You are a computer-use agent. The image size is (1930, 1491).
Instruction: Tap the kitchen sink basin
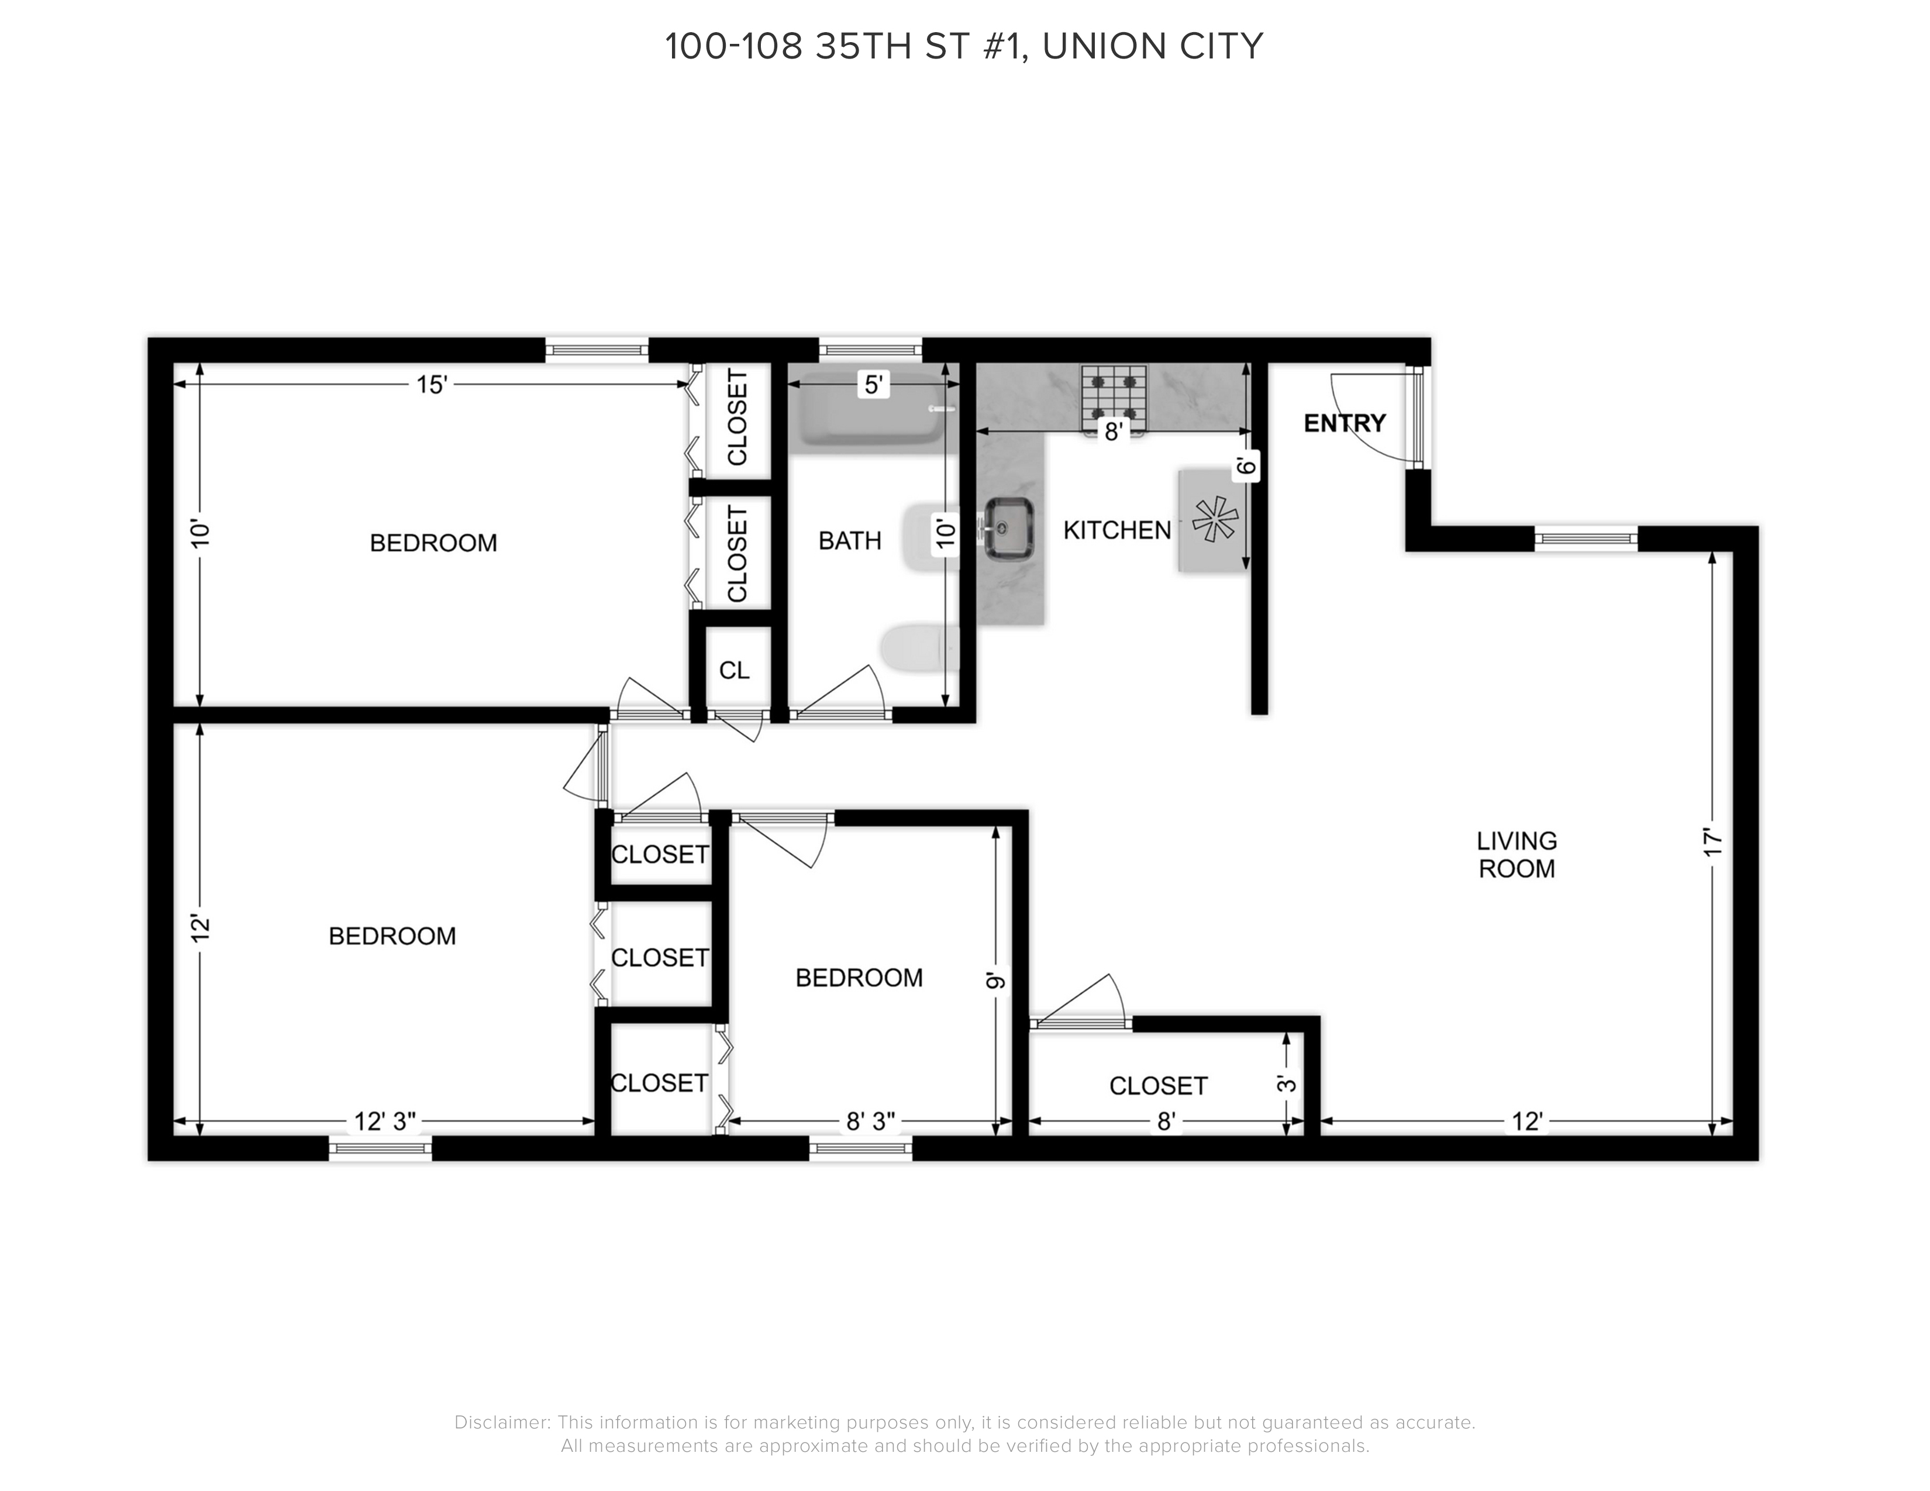1009,528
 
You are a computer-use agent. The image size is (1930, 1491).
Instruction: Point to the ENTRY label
1344,423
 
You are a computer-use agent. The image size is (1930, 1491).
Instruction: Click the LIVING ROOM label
1517,854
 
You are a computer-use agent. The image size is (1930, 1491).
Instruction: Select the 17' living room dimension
1714,842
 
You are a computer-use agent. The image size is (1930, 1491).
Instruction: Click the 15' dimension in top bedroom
432,385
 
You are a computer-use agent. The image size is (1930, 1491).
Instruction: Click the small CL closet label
733,671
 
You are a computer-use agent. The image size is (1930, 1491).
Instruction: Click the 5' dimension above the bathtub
873,385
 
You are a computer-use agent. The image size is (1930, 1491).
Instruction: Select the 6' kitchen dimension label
1246,467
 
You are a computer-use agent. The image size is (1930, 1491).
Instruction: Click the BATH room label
849,541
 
